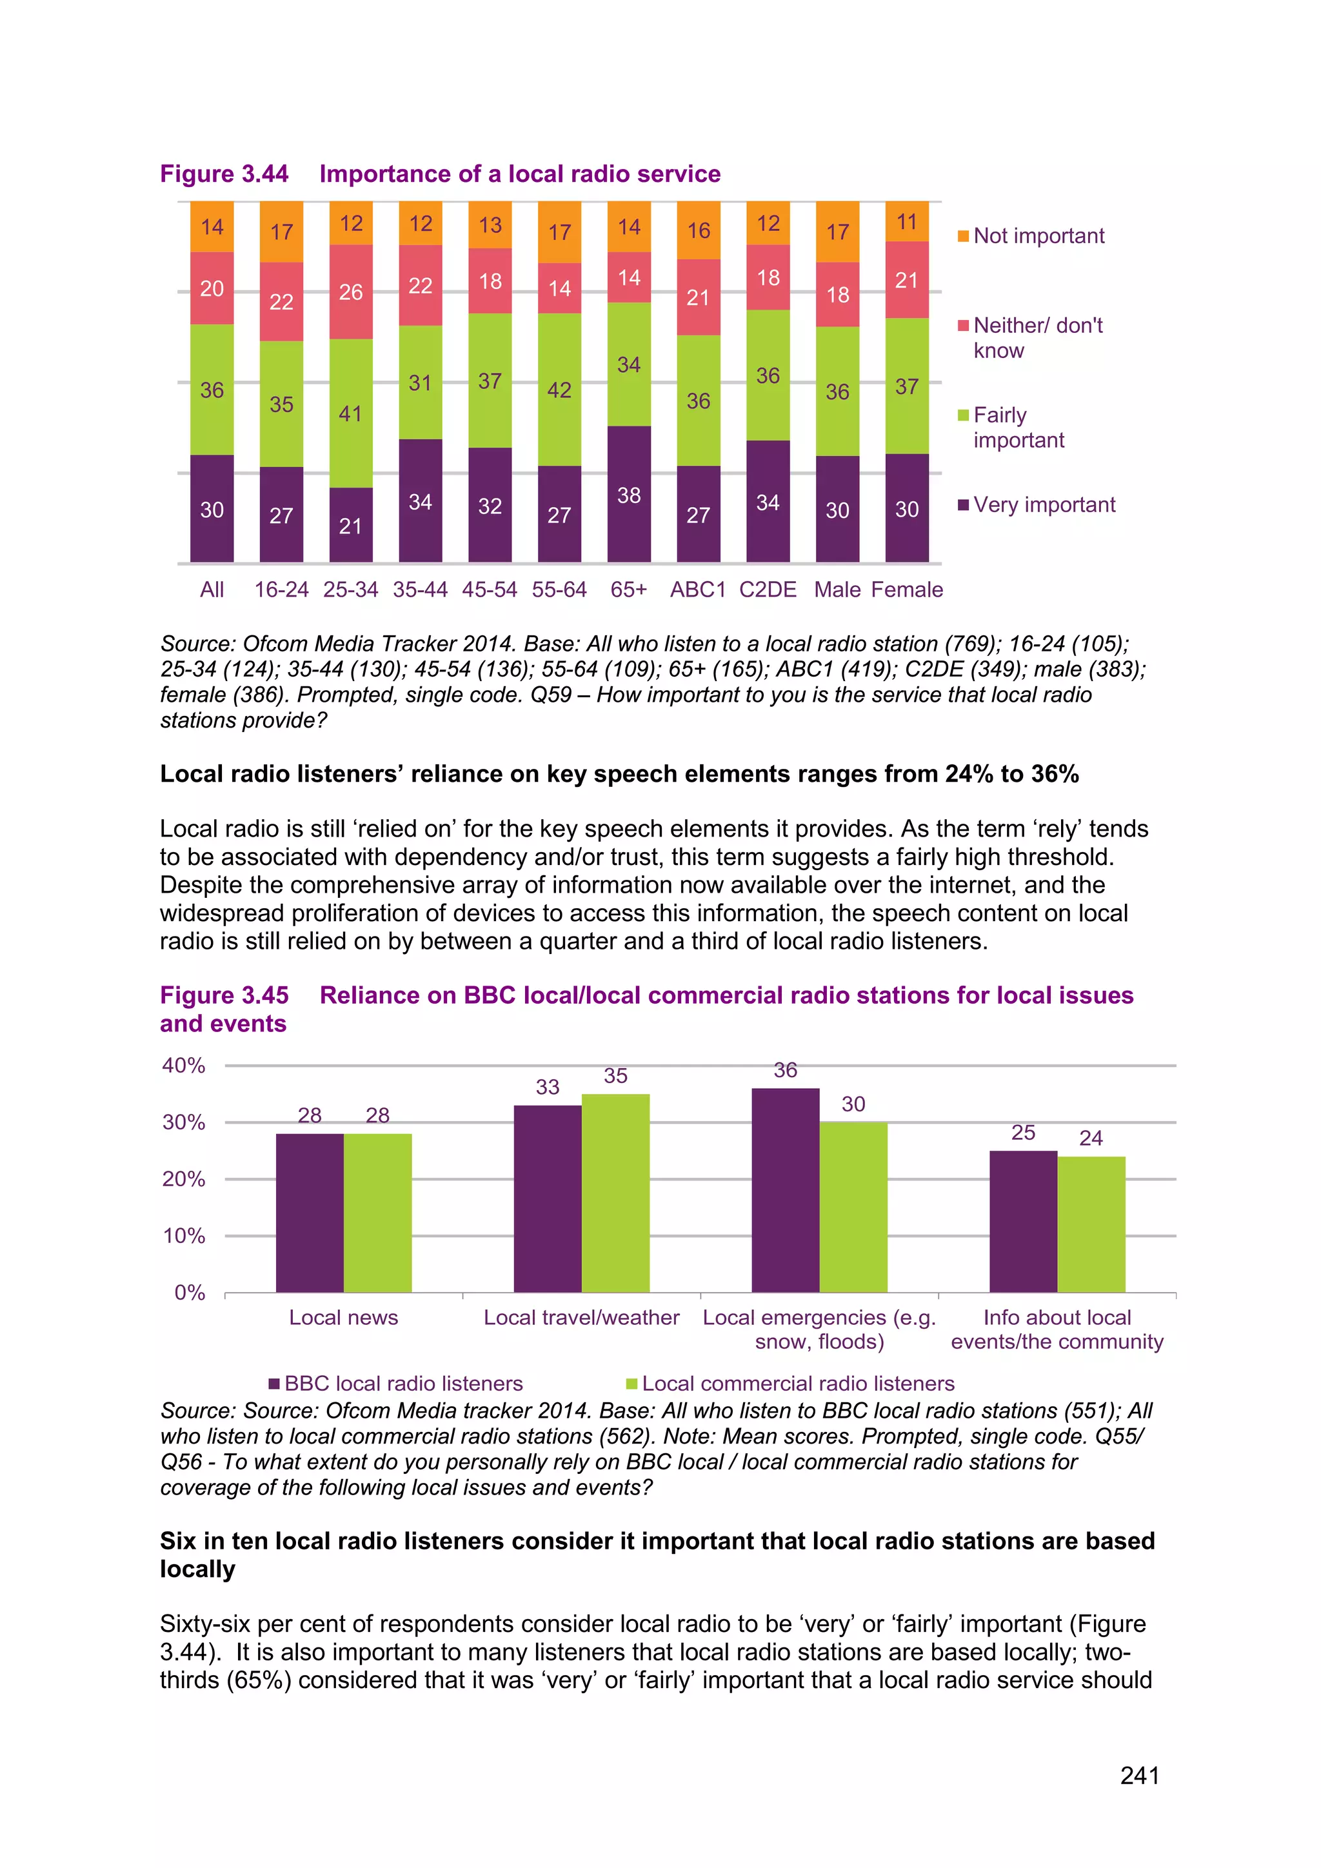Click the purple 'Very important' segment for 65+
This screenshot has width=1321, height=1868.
pyautogui.click(x=629, y=494)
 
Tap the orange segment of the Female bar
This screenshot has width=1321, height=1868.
pyautogui.click(x=906, y=221)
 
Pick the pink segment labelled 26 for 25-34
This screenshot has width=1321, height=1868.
pyautogui.click(x=351, y=292)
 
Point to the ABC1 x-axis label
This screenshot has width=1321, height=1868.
pyautogui.click(x=697, y=589)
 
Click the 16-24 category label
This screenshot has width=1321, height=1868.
pyautogui.click(x=281, y=589)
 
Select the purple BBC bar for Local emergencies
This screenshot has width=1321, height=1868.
pyautogui.click(x=785, y=1189)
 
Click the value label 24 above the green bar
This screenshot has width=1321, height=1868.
pyautogui.click(x=1090, y=1138)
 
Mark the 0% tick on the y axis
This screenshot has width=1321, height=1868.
pyautogui.click(x=190, y=1293)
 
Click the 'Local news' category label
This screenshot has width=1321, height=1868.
pyautogui.click(x=343, y=1317)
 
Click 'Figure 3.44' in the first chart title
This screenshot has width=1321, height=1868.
pyautogui.click(x=224, y=174)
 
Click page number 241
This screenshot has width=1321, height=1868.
pyautogui.click(x=1139, y=1775)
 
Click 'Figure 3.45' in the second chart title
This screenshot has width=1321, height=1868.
pyautogui.click(x=224, y=995)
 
